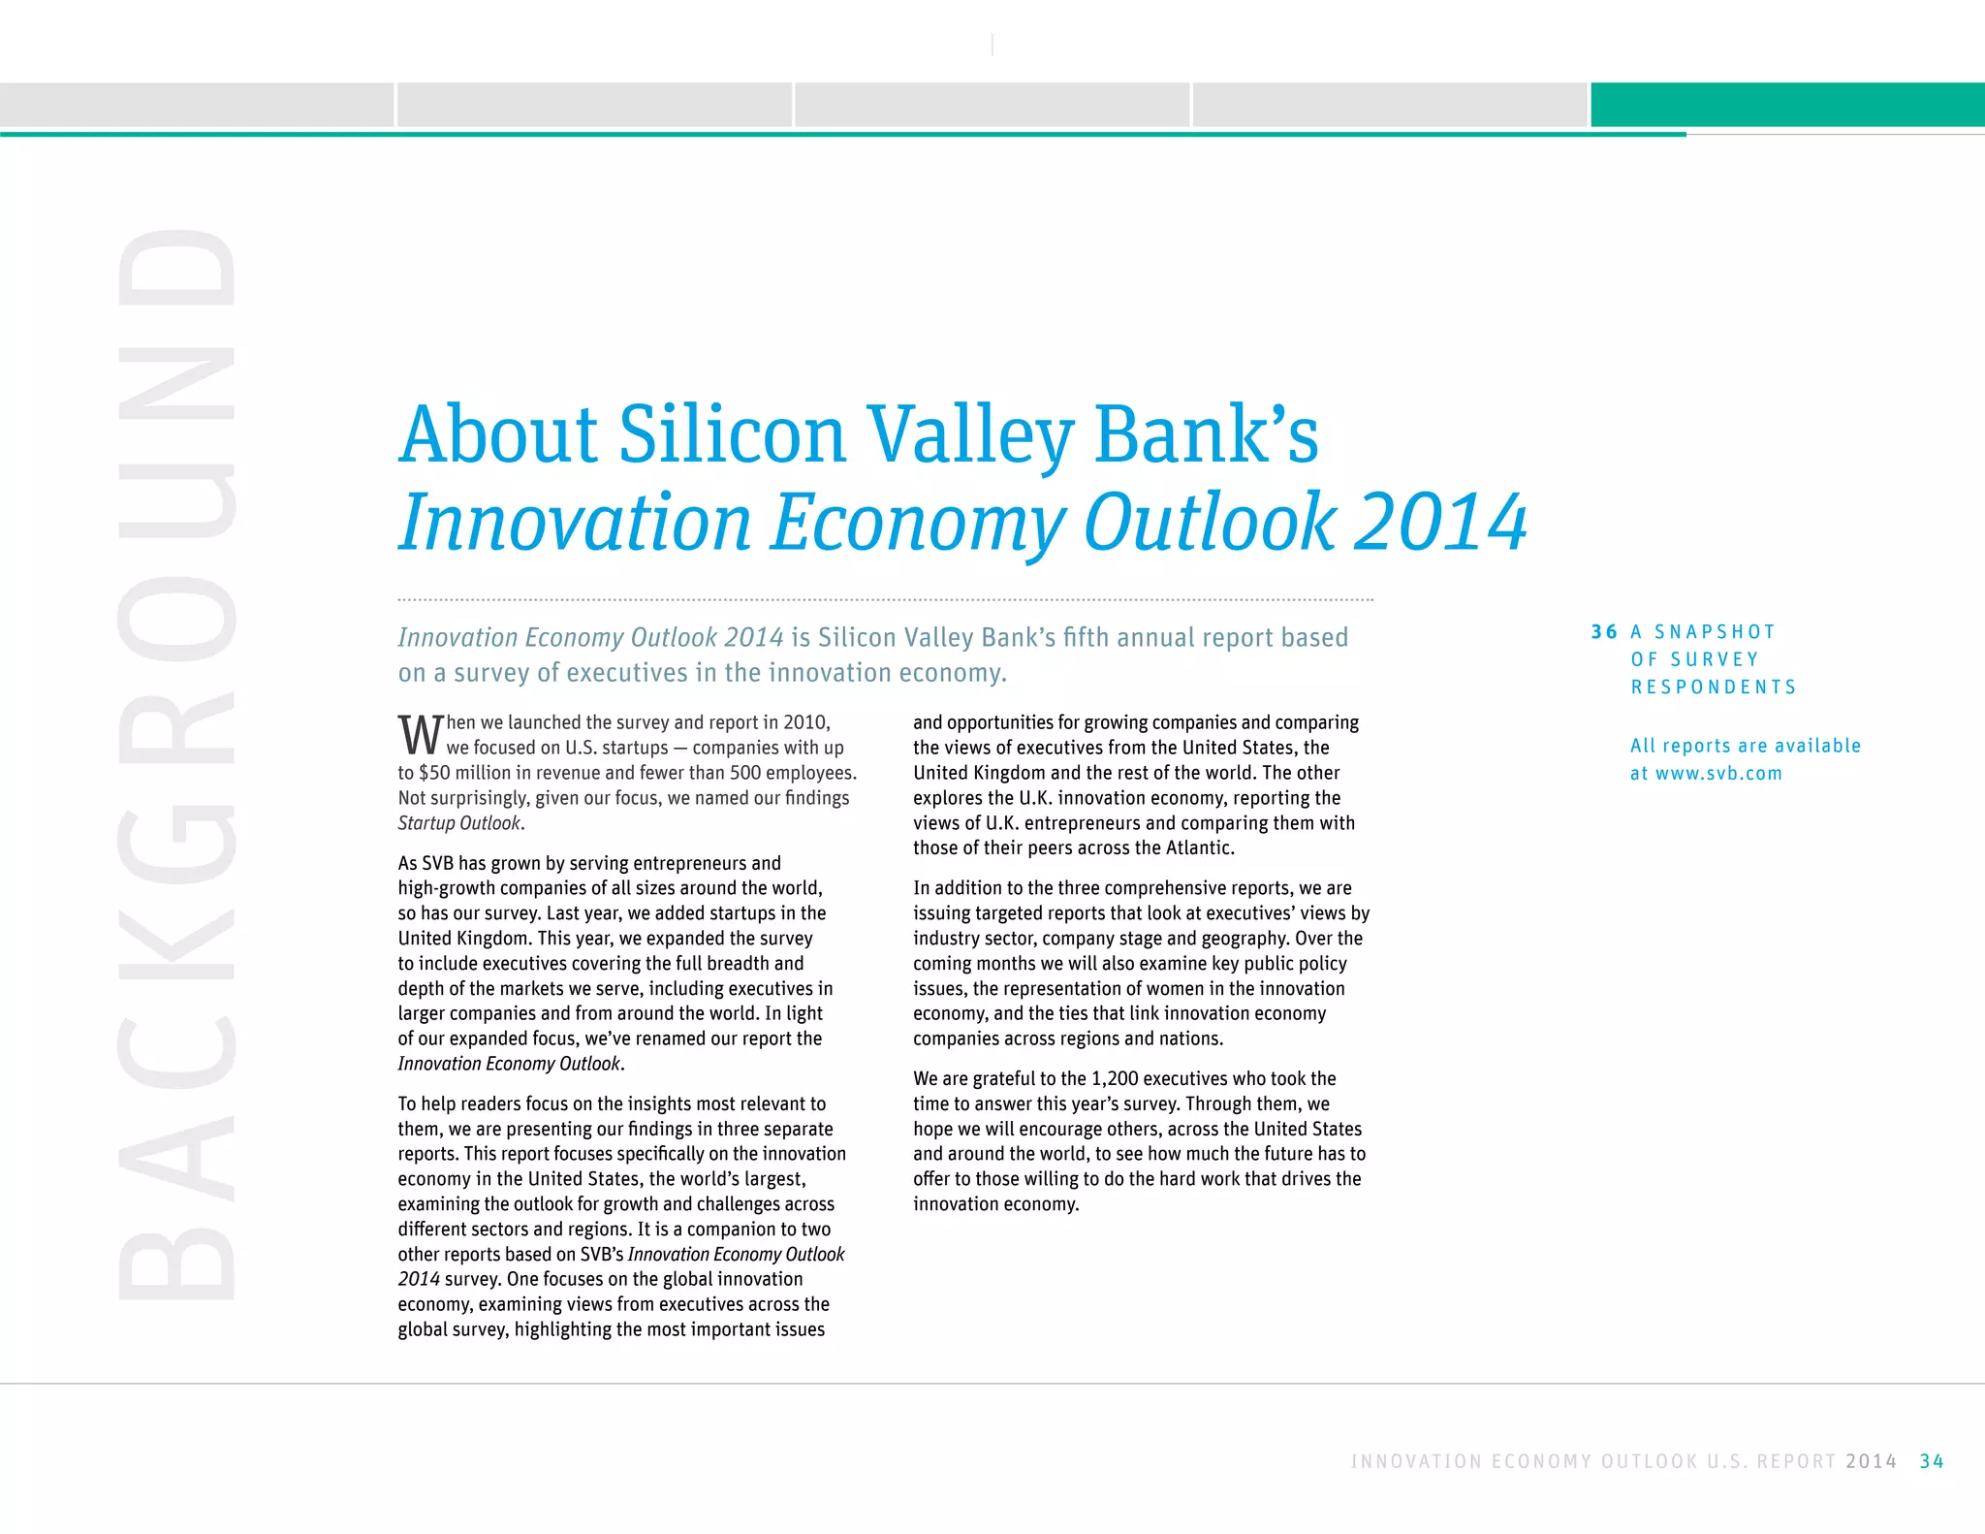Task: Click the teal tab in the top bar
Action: (1787, 105)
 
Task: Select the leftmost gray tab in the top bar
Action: (197, 105)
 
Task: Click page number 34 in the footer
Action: (1931, 1461)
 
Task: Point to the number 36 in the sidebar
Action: (1604, 632)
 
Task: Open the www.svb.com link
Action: (1718, 774)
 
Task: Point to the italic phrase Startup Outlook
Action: (459, 823)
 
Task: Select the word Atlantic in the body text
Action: (1199, 848)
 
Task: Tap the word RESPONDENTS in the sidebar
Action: (1714, 687)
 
